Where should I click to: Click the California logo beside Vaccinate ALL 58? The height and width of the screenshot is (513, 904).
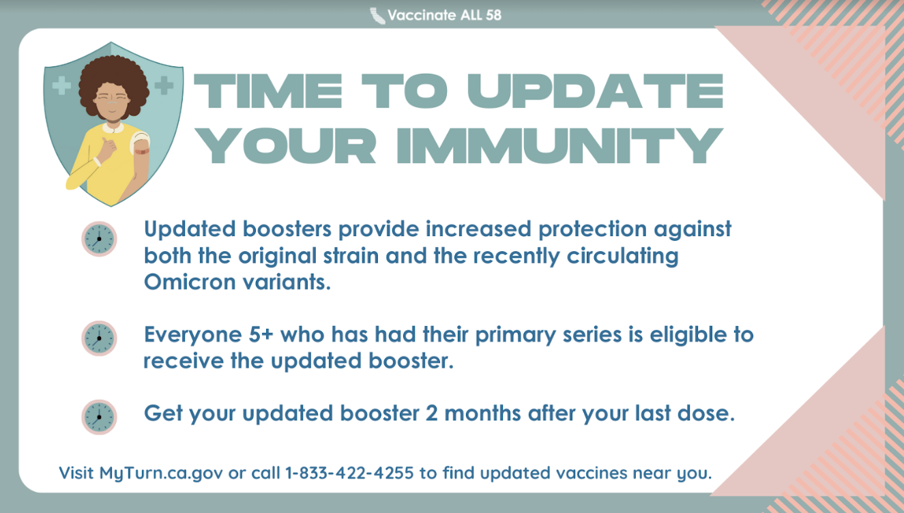point(377,16)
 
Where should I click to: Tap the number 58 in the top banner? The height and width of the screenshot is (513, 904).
point(493,15)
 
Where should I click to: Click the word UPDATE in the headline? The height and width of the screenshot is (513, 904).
point(595,91)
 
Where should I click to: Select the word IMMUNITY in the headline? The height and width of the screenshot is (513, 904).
point(559,145)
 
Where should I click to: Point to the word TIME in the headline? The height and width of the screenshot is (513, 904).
point(268,91)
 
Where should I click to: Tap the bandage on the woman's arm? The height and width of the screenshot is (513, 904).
point(142,151)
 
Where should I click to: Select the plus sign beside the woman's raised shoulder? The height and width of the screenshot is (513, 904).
point(164,85)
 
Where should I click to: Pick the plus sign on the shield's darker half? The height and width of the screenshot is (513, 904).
point(61,85)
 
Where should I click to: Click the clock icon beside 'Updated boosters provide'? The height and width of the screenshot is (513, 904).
point(100,239)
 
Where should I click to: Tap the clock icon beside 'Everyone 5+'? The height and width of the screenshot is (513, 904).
point(100,338)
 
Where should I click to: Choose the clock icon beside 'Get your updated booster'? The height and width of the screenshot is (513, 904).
point(100,417)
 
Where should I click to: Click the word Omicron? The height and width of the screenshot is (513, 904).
point(190,282)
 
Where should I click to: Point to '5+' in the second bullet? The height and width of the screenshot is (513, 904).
point(261,334)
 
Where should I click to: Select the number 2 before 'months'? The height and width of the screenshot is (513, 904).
point(431,413)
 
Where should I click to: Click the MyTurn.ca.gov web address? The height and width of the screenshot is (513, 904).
point(160,473)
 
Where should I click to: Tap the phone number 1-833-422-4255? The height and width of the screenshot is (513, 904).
point(349,473)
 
